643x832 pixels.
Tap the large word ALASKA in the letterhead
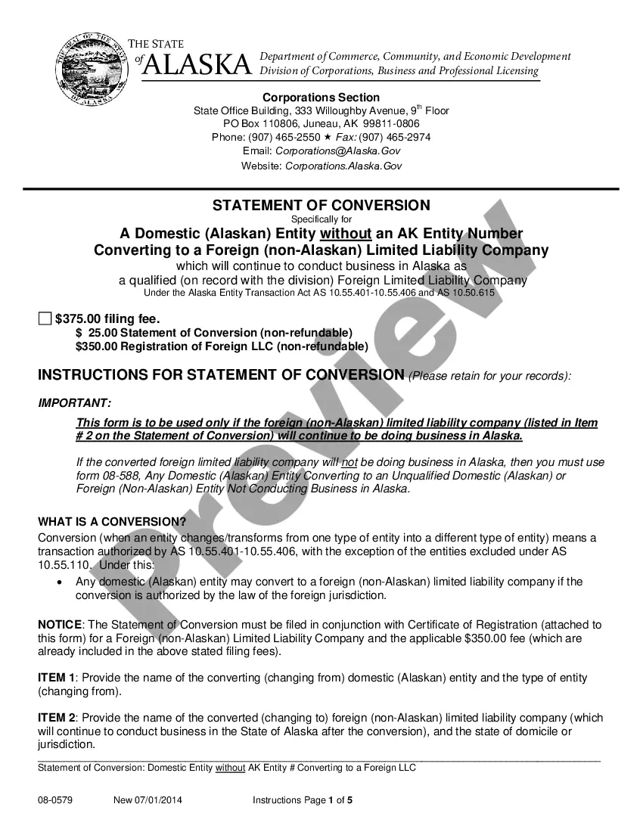(x=197, y=66)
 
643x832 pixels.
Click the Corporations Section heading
(x=321, y=98)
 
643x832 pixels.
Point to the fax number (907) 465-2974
(x=395, y=137)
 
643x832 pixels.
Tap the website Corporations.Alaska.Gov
(x=343, y=166)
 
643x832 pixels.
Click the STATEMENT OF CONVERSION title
(x=321, y=205)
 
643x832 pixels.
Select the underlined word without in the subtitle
(x=346, y=233)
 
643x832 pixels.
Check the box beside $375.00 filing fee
(x=45, y=318)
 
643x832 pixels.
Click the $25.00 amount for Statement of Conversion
(x=95, y=333)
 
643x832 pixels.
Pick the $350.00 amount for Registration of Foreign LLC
(x=97, y=346)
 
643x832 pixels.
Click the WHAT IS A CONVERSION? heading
(x=111, y=521)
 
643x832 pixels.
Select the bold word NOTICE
(x=60, y=625)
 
